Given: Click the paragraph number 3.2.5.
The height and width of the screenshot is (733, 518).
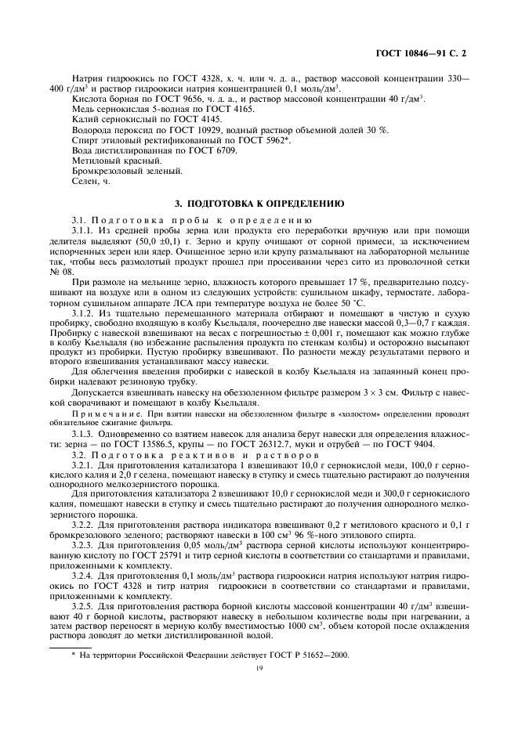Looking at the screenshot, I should coord(84,605).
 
